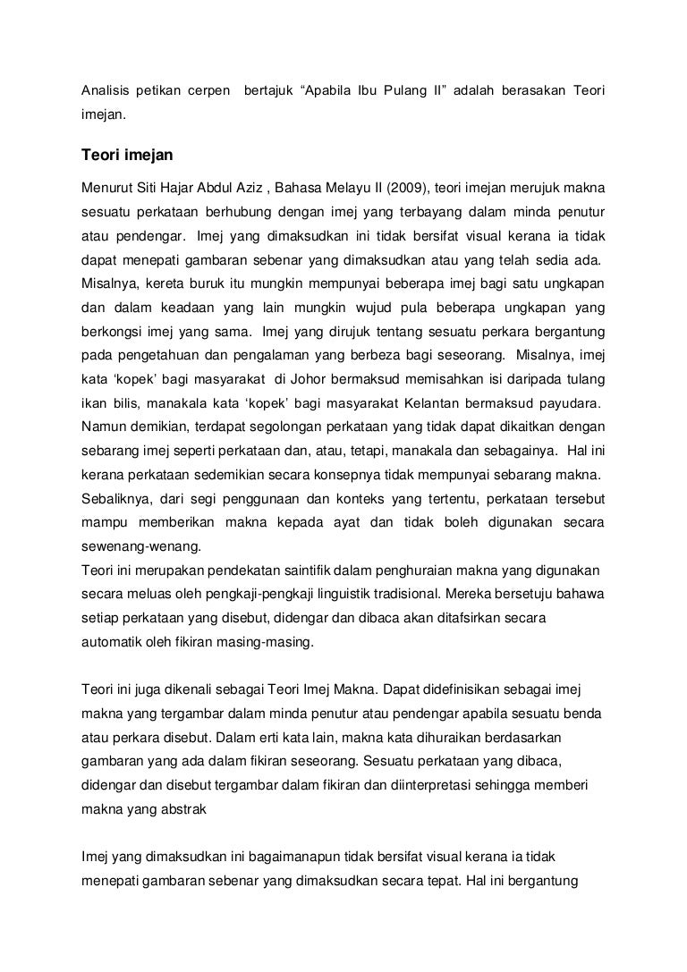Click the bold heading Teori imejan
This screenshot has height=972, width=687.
click(126, 156)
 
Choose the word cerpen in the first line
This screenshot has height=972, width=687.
click(208, 90)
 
